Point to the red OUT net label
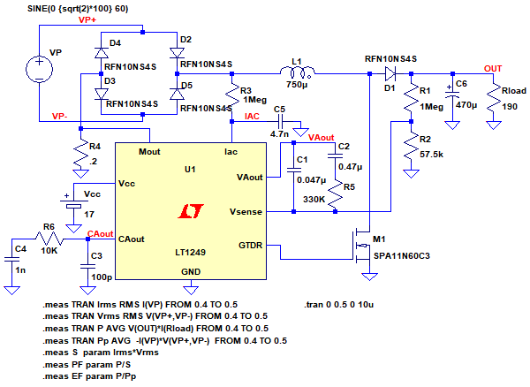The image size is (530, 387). point(492,67)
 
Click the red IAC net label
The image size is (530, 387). point(253,116)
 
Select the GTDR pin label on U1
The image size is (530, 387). point(251,245)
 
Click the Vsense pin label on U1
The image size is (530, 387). point(246,212)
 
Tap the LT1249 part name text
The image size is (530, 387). point(190,253)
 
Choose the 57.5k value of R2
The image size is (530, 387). point(432,154)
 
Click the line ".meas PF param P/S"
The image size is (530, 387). point(89,362)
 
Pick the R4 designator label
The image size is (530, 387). point(95,146)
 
